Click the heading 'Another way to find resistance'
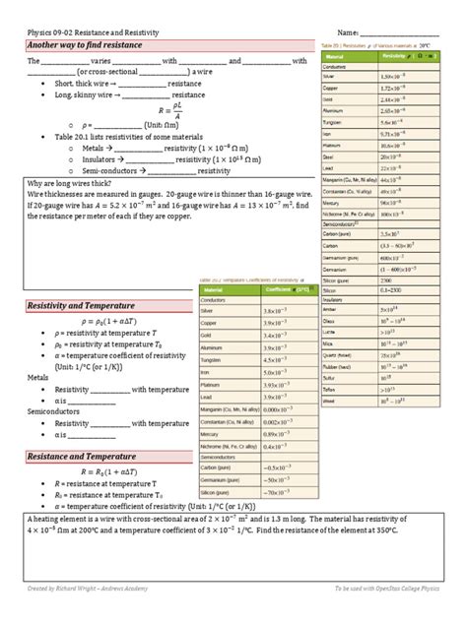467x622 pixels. [85, 46]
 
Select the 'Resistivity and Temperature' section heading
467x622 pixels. [82, 307]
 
